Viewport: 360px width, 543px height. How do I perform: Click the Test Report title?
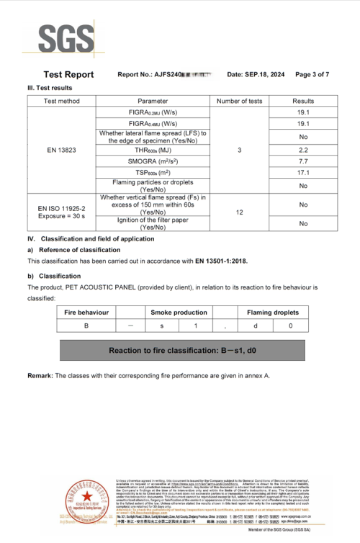(68, 74)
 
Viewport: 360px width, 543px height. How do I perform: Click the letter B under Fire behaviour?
(86, 326)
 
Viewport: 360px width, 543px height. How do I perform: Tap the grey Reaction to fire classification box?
(182, 350)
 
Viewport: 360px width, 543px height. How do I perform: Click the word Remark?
(40, 375)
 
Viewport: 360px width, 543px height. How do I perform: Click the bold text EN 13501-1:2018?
(221, 261)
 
